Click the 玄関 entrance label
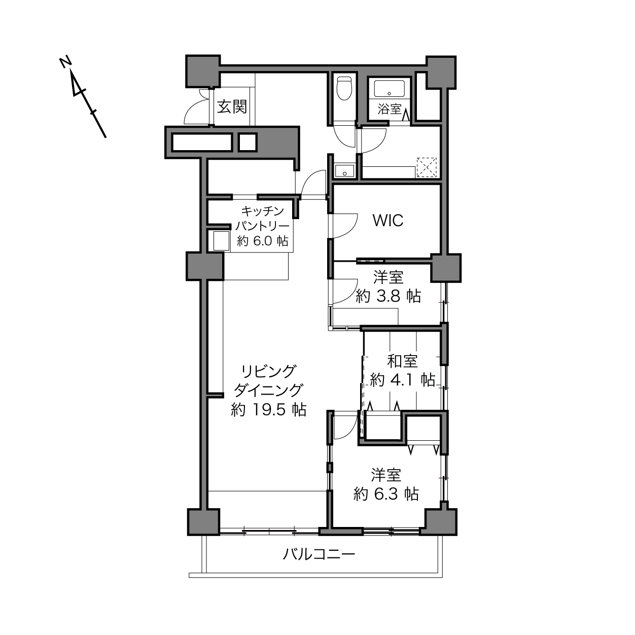coord(232,107)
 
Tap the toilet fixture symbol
coord(344,88)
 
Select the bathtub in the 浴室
coord(389,89)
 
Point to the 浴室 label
coord(389,109)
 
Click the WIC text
coord(388,221)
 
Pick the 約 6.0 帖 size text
coord(262,241)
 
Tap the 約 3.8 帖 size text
coord(388,296)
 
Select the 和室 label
coord(402,361)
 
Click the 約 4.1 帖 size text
coord(402,379)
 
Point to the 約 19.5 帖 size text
coord(269,410)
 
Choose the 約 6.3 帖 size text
coord(386,494)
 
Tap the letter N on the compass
coord(66,62)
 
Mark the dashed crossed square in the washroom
coord(427,167)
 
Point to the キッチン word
coord(262,210)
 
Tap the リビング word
coord(269,371)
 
